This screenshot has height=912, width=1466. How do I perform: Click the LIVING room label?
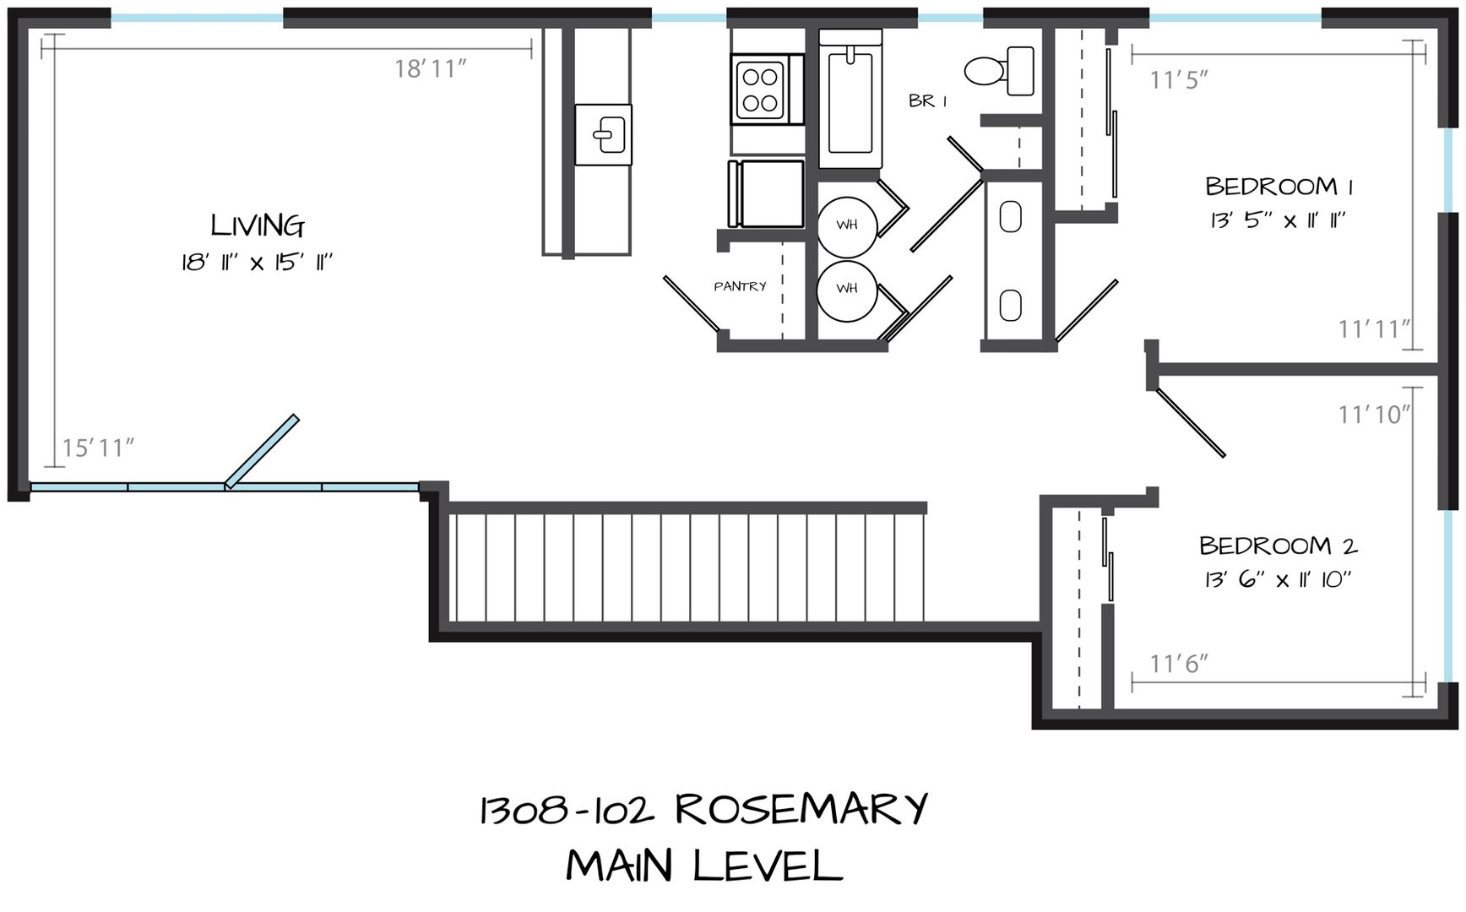point(258,225)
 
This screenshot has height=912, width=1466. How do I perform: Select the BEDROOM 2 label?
point(1278,546)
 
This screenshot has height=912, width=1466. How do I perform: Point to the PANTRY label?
point(740,286)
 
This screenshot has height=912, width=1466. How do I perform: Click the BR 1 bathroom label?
point(927,101)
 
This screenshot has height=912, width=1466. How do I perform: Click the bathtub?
point(850,100)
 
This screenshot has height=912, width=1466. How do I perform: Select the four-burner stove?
point(759,90)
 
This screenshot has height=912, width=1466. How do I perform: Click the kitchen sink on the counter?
point(604,134)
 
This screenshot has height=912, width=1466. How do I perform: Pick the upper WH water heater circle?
point(847,226)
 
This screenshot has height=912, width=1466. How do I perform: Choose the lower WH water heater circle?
point(847,290)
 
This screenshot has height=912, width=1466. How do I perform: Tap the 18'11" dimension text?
point(431,68)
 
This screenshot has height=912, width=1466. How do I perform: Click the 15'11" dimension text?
point(98,448)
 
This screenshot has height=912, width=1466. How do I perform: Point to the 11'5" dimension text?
point(1179,79)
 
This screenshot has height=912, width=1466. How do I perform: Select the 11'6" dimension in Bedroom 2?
point(1179,664)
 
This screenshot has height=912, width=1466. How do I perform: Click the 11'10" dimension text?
point(1375,415)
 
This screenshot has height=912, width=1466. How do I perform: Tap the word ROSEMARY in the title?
point(801,810)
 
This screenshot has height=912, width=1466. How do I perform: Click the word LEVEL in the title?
point(768,866)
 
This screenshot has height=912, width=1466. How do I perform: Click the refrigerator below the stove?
point(767,193)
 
